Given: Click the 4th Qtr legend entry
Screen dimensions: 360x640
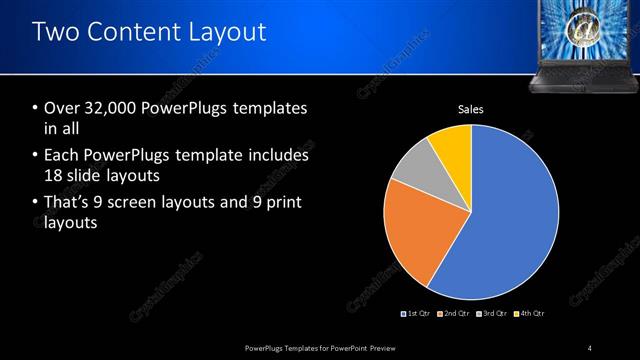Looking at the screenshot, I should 531,313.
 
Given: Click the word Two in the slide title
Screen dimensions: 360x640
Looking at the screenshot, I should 55,32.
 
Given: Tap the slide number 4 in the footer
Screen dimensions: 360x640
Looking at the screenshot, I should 590,348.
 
